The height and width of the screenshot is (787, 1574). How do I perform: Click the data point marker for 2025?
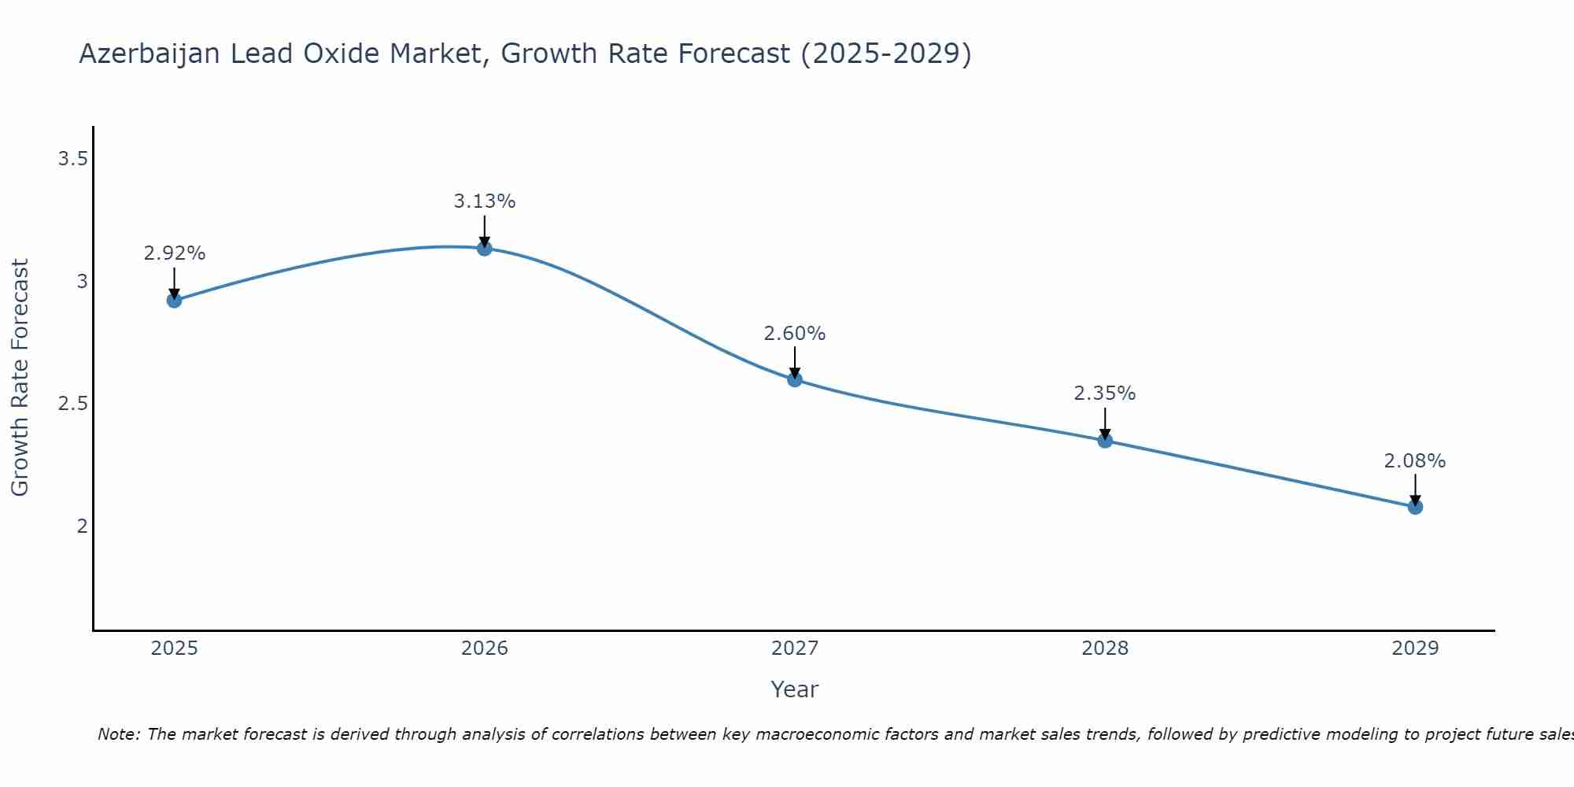pos(175,300)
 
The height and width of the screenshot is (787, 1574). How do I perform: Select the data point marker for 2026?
pos(485,249)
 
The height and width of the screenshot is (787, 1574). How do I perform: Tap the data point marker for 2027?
pos(795,379)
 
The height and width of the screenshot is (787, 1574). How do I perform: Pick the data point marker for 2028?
pos(1105,441)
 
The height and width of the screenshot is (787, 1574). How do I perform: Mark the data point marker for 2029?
pos(1415,507)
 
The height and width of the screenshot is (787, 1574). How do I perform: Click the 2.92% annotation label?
pos(175,253)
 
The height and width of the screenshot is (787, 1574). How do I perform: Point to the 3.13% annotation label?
pos(485,201)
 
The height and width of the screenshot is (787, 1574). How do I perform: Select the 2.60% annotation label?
pos(795,334)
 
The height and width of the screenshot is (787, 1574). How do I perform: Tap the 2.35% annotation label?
pos(1105,393)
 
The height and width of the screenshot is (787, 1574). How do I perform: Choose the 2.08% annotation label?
pos(1415,461)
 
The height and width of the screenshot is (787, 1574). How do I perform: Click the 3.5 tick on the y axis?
pos(72,160)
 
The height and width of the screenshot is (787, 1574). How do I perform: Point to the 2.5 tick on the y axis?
pos(72,404)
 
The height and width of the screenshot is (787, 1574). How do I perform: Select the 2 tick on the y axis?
pos(82,526)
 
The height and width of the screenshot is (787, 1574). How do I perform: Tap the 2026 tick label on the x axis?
pos(485,648)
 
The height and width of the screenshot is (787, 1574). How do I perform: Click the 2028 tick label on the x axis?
pos(1105,648)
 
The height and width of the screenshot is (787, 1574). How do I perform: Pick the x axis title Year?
pos(795,689)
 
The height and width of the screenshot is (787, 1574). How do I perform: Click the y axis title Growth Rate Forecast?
pos(20,378)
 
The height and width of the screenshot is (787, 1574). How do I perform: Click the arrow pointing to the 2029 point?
pos(1415,488)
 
